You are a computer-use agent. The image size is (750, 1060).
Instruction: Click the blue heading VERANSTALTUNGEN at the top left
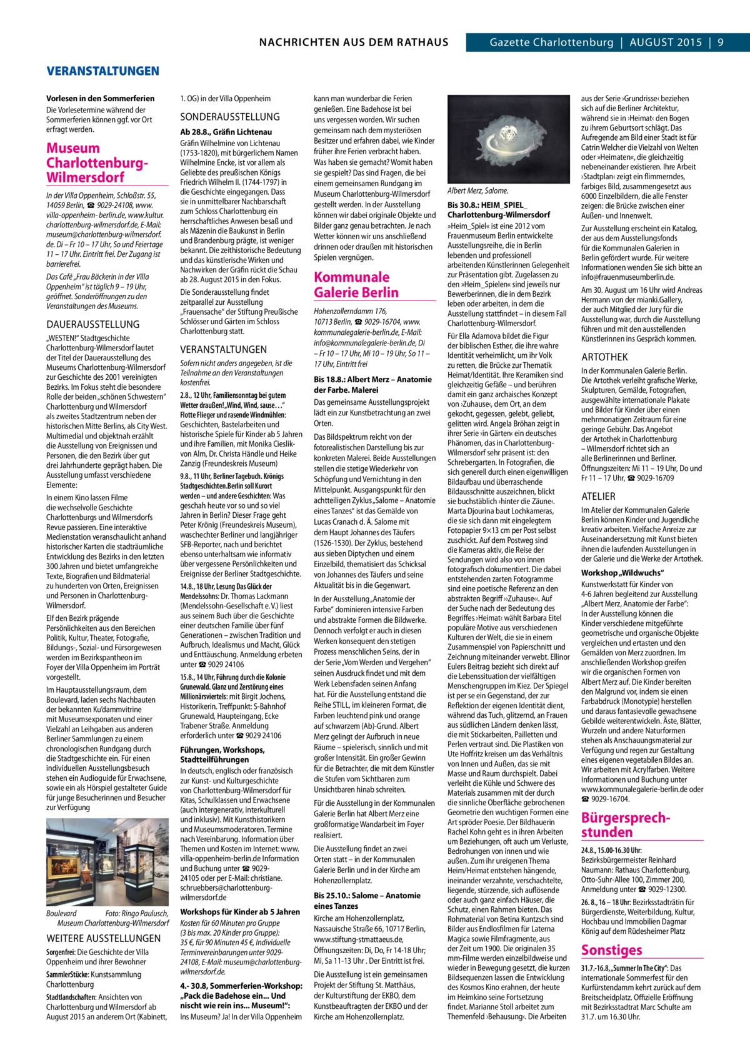102,71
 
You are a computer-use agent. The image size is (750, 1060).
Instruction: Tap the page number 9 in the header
720,42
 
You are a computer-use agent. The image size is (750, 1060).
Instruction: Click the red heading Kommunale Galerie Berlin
356,285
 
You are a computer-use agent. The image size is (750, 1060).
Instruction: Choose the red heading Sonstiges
611,950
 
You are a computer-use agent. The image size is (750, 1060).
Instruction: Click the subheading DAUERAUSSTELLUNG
93,324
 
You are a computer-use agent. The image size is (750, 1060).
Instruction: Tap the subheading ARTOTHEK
604,357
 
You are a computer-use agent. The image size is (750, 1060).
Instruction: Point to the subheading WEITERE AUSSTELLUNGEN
104,938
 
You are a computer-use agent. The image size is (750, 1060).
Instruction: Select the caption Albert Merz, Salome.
478,191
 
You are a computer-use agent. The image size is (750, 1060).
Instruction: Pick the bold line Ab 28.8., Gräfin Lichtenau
226,132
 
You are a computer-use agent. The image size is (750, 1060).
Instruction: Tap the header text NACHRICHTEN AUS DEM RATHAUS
353,42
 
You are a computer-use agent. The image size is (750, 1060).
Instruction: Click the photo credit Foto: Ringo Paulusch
137,913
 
